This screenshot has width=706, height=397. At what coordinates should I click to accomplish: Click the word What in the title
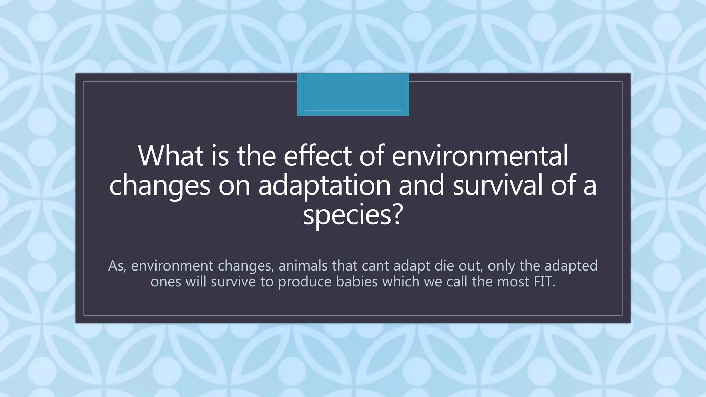pyautogui.click(x=171, y=155)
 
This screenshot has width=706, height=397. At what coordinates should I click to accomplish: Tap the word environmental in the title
pyautogui.click(x=480, y=155)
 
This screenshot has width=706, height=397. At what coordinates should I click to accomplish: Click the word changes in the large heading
pyautogui.click(x=160, y=186)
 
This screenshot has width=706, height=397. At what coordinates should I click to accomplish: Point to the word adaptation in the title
pyautogui.click(x=324, y=186)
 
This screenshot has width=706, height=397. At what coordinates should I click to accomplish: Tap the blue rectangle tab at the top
pyautogui.click(x=353, y=94)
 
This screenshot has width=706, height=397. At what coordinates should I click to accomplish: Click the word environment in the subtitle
pyautogui.click(x=172, y=266)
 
